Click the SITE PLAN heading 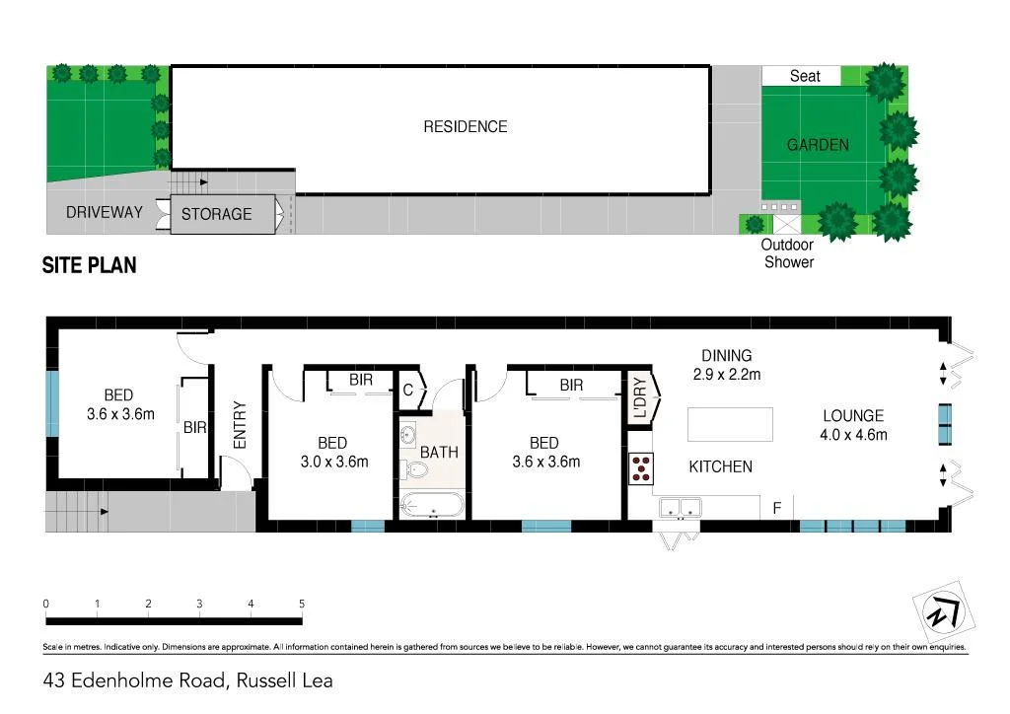coord(89,265)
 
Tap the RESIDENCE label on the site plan coord(465,126)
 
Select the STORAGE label coord(216,214)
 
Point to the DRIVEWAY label coord(104,212)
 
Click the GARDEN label coord(818,145)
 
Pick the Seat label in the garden coord(805,76)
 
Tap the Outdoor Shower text coord(788,253)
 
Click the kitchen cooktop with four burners coord(640,467)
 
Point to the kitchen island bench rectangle coord(730,425)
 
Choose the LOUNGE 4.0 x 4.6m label coord(853,425)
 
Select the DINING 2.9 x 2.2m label coord(726,365)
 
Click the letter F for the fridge coord(777,509)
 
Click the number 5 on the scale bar coord(302,604)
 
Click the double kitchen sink coord(680,509)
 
